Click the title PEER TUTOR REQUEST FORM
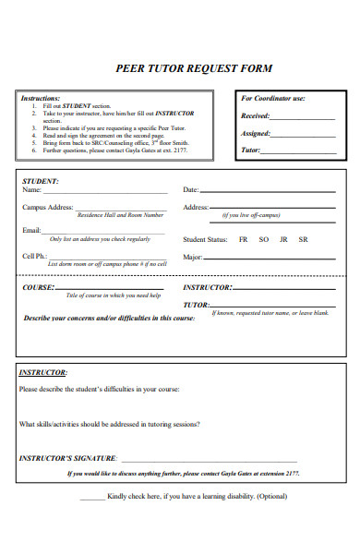point(193,68)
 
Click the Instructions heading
point(41,98)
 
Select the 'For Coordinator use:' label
point(273,98)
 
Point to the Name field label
point(32,189)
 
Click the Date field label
point(191,189)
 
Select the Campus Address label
point(47,208)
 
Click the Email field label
point(32,230)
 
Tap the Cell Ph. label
point(35,256)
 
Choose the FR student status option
point(243,239)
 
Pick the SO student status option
point(263,239)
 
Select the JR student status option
point(283,239)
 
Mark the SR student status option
point(304,239)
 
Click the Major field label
point(193,257)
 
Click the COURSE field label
point(39,287)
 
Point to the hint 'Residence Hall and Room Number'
point(120,215)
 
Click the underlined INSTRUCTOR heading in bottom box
point(42,372)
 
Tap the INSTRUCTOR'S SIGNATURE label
point(67,458)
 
